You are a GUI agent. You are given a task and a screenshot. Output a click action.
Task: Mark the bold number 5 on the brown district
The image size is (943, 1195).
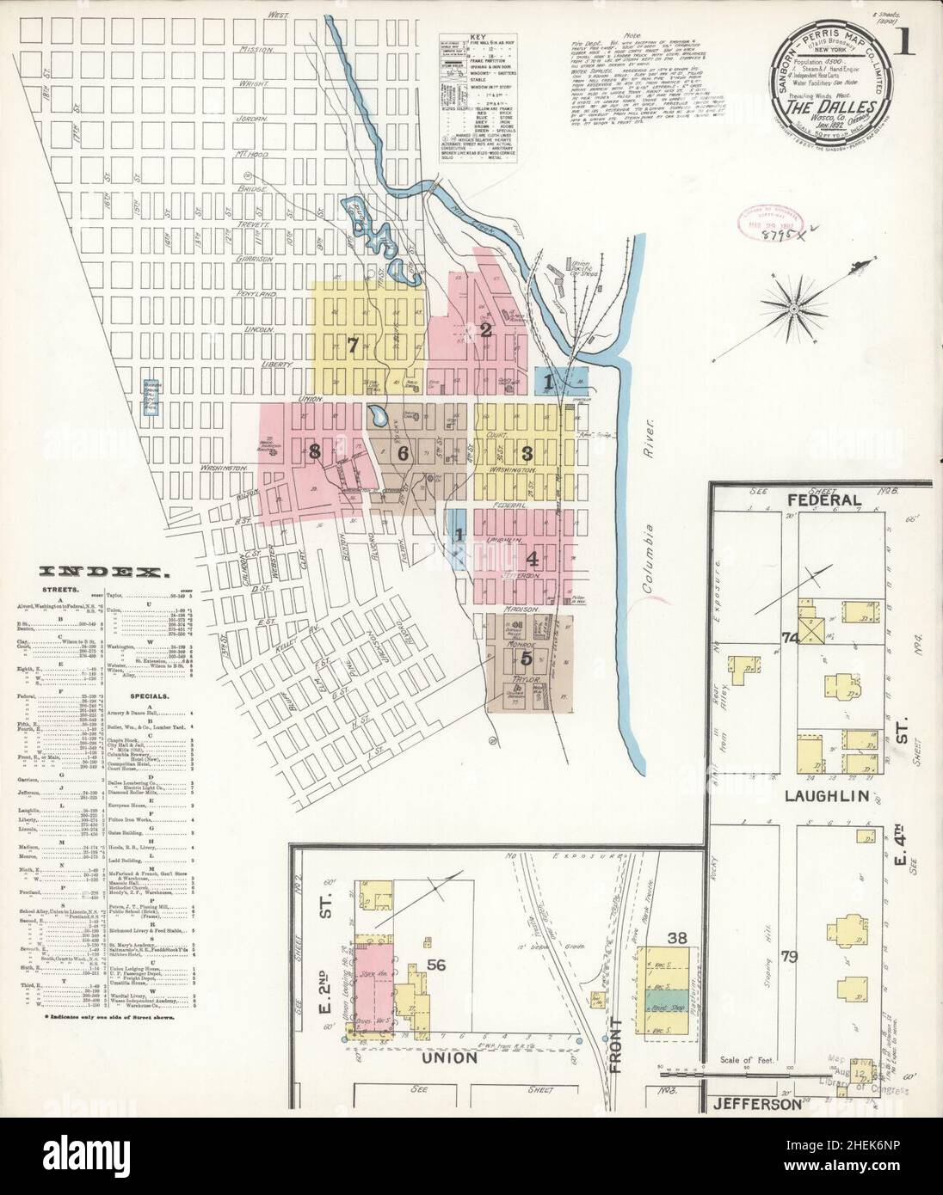[526, 659]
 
